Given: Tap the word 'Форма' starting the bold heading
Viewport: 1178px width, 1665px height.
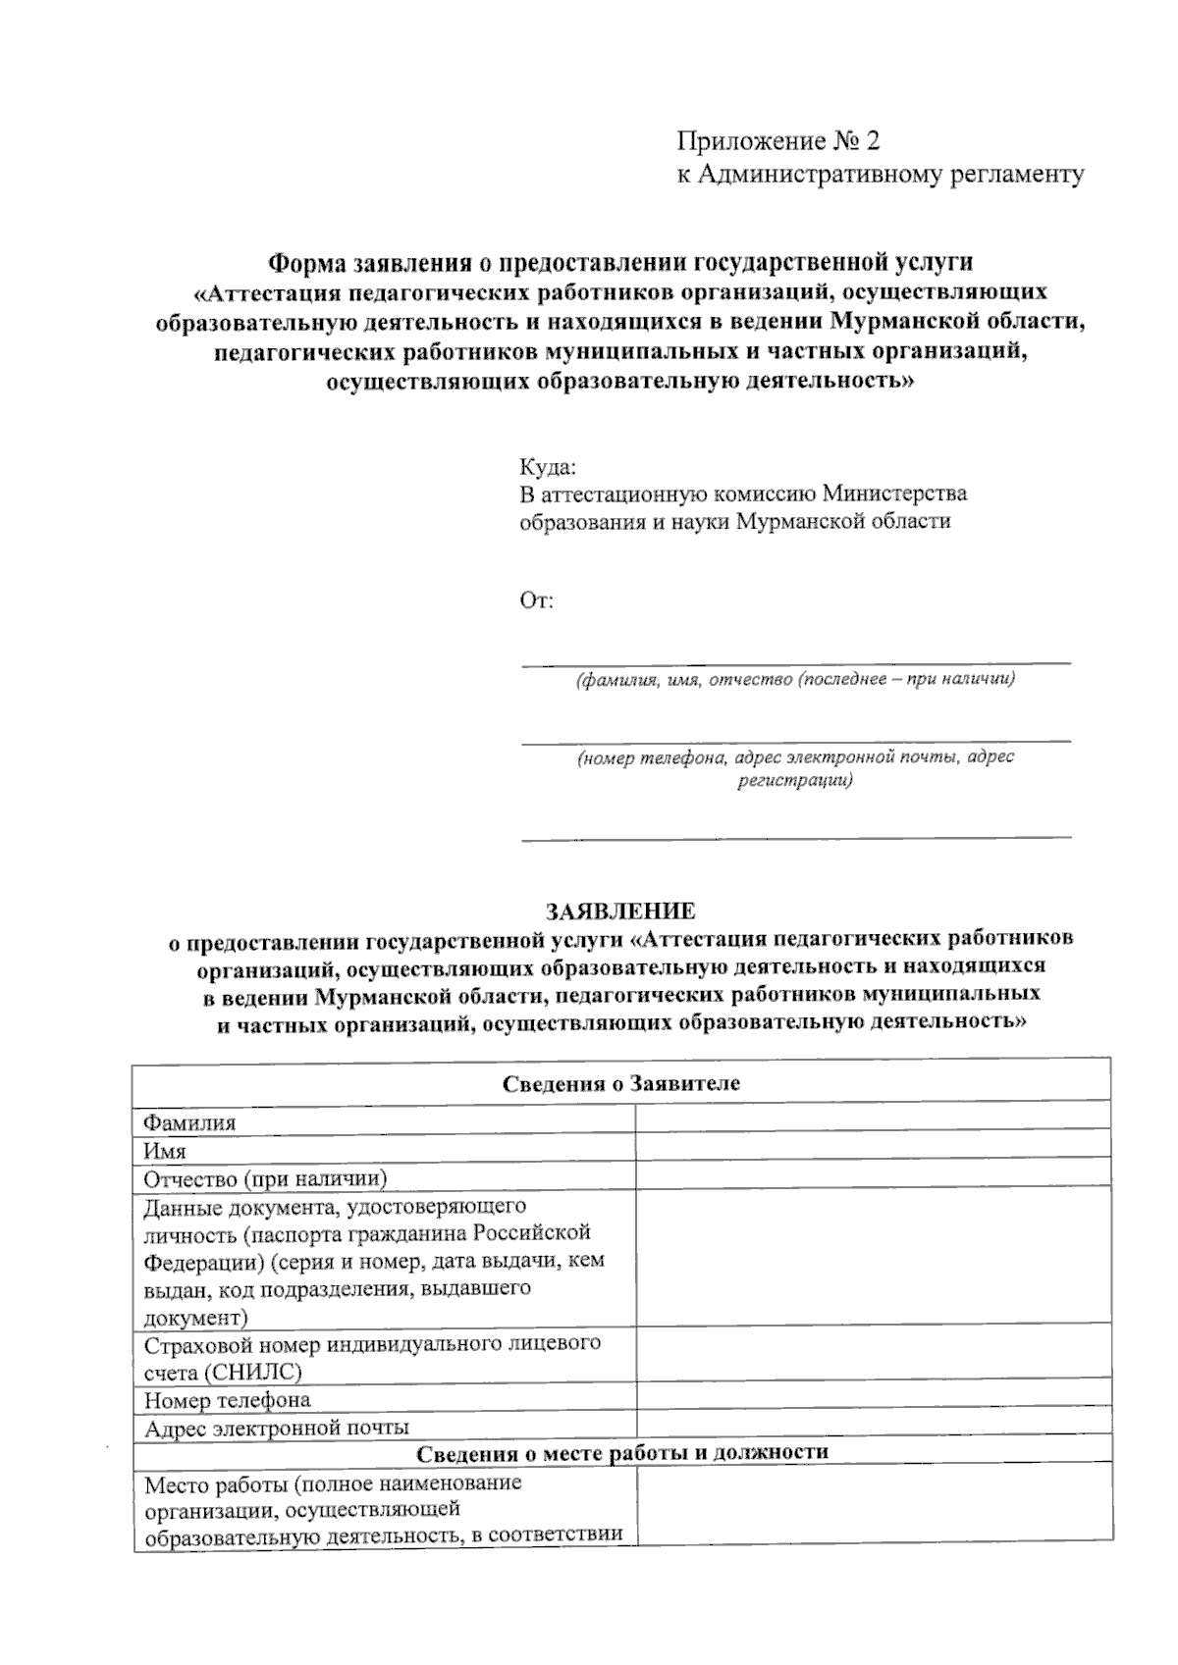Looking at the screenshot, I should pyautogui.click(x=302, y=262).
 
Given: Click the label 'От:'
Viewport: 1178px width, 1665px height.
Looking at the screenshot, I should pyautogui.click(x=537, y=599).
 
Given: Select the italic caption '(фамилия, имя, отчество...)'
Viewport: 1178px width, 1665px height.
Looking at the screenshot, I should pyautogui.click(x=795, y=679).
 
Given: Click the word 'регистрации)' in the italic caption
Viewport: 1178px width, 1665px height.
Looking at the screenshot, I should pyautogui.click(x=795, y=781).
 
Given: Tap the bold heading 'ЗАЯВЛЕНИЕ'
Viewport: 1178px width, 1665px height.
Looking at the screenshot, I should pyautogui.click(x=621, y=911).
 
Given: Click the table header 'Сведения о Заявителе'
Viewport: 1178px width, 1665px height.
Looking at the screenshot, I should pyautogui.click(x=621, y=1083).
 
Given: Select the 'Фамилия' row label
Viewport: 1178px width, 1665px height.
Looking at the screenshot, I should pyautogui.click(x=189, y=1122).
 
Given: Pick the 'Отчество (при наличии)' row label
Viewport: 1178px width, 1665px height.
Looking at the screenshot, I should pyautogui.click(x=265, y=1177).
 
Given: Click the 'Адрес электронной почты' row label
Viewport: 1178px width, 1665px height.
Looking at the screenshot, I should pyautogui.click(x=277, y=1428).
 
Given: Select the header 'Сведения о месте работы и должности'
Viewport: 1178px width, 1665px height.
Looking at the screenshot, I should pyautogui.click(x=622, y=1452).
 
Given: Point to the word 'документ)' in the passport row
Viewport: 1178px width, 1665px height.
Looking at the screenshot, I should pyautogui.click(x=195, y=1317).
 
